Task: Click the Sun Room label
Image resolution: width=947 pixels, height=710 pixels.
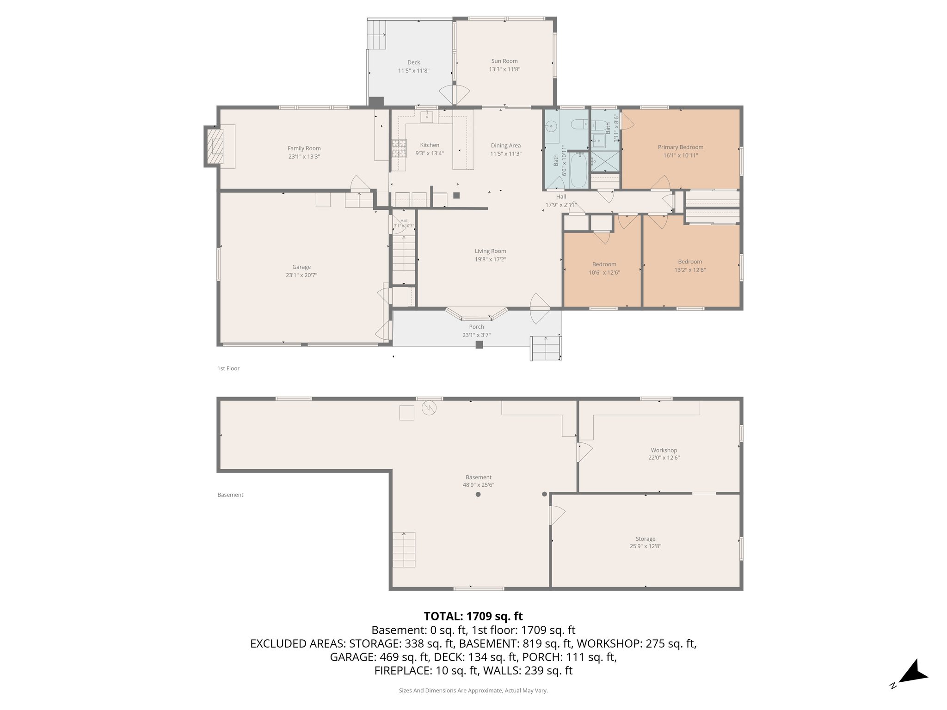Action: tap(504, 61)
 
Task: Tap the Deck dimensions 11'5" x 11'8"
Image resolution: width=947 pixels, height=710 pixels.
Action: tap(413, 71)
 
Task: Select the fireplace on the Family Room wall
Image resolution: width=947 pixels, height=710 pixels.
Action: tap(214, 147)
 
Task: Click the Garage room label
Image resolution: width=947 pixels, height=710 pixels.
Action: tap(301, 267)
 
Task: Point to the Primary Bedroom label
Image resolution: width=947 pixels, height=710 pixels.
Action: tap(680, 147)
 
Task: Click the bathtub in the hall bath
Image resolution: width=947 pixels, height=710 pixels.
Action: tap(578, 171)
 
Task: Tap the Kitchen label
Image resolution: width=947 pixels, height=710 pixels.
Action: tap(429, 145)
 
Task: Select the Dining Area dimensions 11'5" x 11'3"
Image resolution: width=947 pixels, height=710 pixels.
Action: tap(505, 154)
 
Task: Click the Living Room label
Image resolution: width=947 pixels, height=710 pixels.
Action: tap(490, 251)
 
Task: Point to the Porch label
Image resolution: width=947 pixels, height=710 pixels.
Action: tap(476, 327)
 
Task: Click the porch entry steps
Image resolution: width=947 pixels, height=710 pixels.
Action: tap(546, 348)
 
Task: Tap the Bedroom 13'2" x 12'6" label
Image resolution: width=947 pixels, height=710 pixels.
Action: tap(689, 262)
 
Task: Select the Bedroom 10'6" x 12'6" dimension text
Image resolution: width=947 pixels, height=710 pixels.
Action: tap(604, 273)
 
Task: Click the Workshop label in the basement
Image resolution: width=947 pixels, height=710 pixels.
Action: tap(664, 450)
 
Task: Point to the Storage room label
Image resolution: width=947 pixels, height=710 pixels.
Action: tap(645, 539)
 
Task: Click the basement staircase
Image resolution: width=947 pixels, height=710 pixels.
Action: tap(404, 550)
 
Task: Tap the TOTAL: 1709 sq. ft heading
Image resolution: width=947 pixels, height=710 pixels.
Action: tap(473, 616)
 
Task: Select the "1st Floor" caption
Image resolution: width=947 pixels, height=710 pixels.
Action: tap(228, 368)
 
